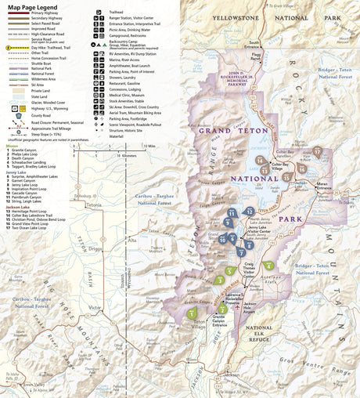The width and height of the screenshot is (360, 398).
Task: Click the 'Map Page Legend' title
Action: pos(35,7)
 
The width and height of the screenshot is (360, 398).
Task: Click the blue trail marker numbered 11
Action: pos(232,213)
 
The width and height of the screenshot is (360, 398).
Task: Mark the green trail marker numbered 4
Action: pos(268,266)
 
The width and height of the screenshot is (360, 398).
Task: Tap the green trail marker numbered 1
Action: pos(192,313)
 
